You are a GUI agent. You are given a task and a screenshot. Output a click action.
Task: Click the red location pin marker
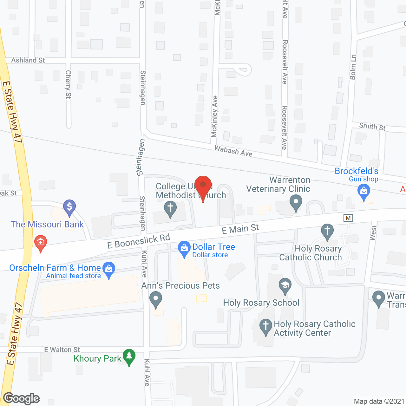point(203,186)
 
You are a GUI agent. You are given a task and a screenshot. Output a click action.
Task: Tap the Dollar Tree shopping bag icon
point(184,249)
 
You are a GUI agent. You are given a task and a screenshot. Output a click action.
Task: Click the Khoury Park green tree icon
point(129,357)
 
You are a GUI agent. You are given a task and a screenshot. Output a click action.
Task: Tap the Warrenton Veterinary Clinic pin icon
point(296,202)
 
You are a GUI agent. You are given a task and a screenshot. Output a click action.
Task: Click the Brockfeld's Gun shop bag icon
point(363,192)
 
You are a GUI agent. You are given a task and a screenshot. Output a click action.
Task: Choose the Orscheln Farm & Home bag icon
point(109,269)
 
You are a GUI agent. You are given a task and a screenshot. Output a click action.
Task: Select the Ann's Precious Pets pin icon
point(155,299)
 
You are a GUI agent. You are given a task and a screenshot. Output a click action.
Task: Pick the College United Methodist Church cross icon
point(170,209)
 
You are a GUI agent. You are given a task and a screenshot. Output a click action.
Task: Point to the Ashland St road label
point(28,60)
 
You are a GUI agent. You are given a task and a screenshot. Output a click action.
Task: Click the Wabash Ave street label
point(233,151)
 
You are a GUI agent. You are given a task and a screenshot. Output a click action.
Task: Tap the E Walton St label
point(62,350)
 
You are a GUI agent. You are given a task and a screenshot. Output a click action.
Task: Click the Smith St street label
point(372,127)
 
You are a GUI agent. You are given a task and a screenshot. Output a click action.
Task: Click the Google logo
point(21,399)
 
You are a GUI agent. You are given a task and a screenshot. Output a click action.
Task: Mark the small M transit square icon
point(348,218)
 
